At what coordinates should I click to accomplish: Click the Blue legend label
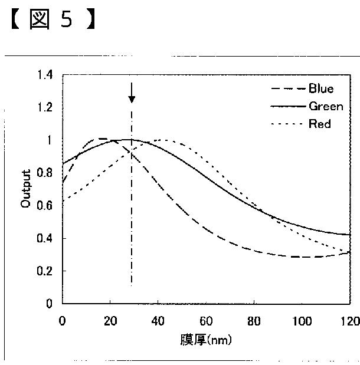pos(321,88)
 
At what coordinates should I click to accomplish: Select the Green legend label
pos(326,106)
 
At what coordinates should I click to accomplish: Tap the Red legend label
pos(320,124)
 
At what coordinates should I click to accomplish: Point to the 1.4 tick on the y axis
pos(45,75)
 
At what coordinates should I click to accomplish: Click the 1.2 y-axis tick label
pos(45,107)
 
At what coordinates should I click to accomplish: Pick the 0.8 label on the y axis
pos(44,173)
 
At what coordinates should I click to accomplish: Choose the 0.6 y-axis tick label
pos(44,206)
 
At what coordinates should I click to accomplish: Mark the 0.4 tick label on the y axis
pos(44,238)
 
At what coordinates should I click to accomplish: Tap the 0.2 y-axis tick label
pos(44,271)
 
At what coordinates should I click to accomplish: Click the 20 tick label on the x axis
pos(110,321)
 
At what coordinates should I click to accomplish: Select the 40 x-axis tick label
pos(158,321)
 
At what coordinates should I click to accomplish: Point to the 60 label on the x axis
pos(206,321)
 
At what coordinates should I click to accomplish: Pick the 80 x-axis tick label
pos(254,321)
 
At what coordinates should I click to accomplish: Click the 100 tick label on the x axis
pos(302,321)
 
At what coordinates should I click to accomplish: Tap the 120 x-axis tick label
pos(351,321)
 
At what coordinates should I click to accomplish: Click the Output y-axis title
pos(25,188)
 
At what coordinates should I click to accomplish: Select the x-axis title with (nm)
pos(206,340)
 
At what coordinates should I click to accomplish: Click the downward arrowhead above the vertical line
pos(132,100)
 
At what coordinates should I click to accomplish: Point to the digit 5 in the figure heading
pos(67,19)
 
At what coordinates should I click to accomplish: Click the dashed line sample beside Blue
pos(289,88)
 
